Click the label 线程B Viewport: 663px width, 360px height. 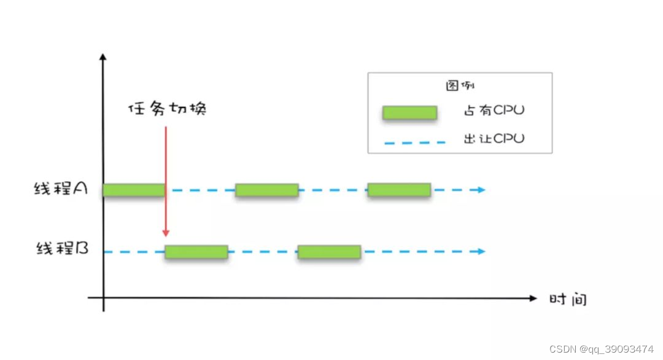(63, 250)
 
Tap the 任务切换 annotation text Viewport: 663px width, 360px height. (167, 109)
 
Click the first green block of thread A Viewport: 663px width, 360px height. (134, 190)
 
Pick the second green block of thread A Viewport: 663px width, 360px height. (266, 190)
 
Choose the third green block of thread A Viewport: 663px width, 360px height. (399, 190)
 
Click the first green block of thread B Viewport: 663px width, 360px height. (196, 251)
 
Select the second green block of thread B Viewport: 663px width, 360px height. (329, 251)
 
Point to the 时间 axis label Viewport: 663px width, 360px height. (568, 299)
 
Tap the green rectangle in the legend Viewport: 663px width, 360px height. (409, 112)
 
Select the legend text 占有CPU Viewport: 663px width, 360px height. (494, 111)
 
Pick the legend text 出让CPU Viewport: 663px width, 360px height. (494, 139)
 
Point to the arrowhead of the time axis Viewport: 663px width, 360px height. (533, 299)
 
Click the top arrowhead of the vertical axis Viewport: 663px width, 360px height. (103, 57)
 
